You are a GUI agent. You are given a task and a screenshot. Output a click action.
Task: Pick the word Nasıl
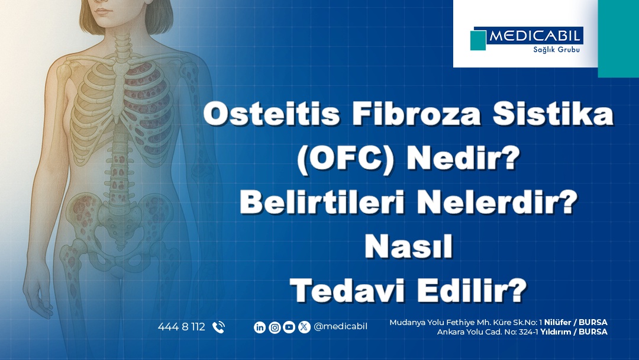pos(409,246)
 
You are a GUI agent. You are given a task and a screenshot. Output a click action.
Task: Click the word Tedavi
pos(347,290)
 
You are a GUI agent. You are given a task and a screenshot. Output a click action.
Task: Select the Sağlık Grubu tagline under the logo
pos(556,50)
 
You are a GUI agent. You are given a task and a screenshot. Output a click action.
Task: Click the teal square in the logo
pos(478,40)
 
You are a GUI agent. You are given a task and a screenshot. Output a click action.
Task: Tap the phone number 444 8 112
pos(182,327)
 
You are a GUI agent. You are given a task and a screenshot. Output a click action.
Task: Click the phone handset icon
pos(219,327)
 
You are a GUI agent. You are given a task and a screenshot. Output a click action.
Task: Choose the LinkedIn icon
pos(260,327)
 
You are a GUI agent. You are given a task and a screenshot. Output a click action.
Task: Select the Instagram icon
pos(275,327)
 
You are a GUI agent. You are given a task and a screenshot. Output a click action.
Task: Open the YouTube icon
pos(289,327)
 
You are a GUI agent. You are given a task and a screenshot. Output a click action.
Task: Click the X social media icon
pos(304,327)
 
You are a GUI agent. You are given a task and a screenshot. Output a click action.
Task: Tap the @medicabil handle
pos(341,327)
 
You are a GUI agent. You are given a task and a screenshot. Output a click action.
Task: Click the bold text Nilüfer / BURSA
pos(576,322)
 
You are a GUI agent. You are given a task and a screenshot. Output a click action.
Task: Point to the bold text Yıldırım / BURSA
pos(574,332)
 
